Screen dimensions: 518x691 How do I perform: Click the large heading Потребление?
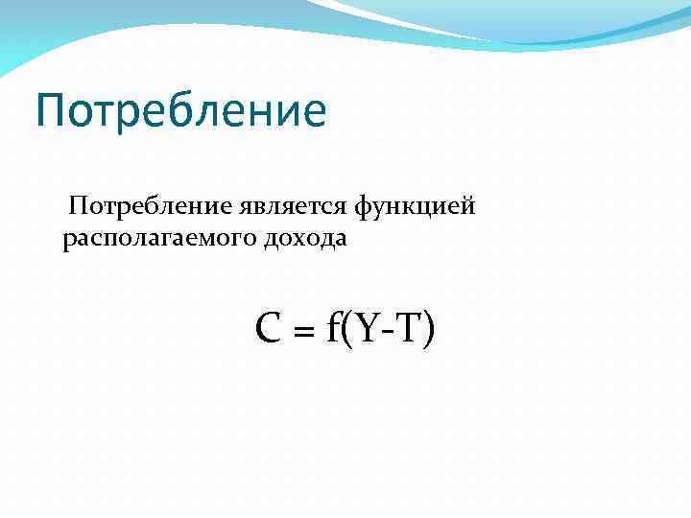[180, 110]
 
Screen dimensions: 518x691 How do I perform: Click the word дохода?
[305, 238]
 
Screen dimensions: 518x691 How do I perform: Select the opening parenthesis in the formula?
[346, 331]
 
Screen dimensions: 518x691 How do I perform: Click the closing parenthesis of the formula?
[428, 331]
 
